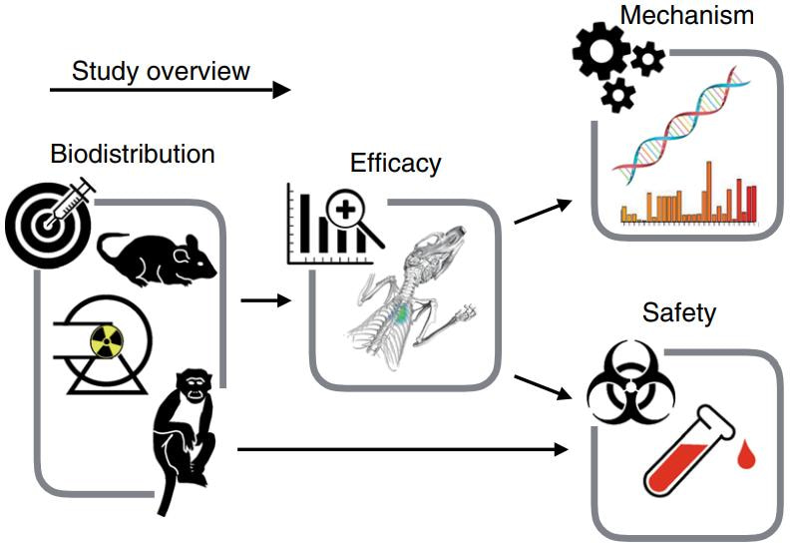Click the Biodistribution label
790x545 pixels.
click(133, 155)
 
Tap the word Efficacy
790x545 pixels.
click(395, 163)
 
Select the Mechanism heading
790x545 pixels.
click(685, 16)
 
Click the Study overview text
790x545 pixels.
click(161, 71)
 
